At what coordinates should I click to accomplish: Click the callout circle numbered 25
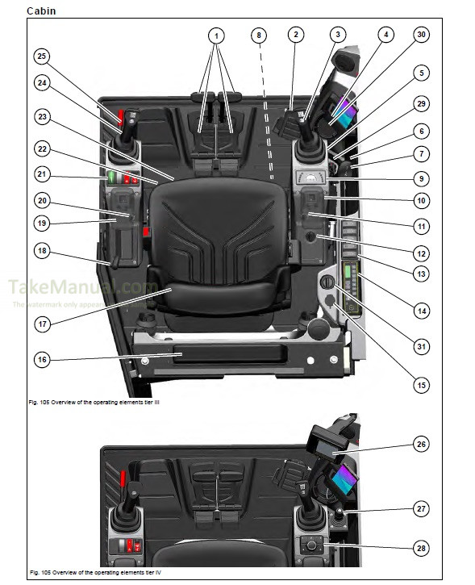point(43,56)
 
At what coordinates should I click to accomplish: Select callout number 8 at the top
point(257,35)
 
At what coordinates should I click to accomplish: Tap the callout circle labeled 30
point(420,35)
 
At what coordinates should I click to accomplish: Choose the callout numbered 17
point(43,325)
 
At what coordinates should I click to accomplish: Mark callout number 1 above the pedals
point(215,35)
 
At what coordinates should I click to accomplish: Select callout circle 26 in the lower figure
point(420,444)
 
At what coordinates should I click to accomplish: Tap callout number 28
point(420,548)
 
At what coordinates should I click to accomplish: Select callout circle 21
point(43,173)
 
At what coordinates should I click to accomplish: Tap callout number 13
point(420,274)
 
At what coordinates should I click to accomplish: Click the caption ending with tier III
point(94,401)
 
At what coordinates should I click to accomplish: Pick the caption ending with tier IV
point(94,573)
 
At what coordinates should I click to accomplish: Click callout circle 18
point(43,251)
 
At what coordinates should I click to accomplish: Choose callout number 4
point(385,35)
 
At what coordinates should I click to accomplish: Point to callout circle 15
point(420,385)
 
